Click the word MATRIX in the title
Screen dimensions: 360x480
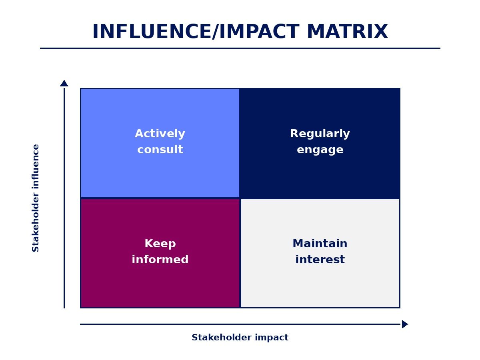[x=347, y=32]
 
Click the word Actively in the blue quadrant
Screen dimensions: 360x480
[x=160, y=134]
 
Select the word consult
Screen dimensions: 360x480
[x=160, y=150]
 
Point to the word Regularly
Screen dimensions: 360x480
[x=320, y=134]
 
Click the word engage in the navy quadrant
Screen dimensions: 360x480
[x=320, y=150]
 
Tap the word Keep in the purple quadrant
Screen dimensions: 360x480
[x=160, y=244]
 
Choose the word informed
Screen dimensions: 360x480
[x=160, y=260]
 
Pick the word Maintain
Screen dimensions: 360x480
[x=320, y=244]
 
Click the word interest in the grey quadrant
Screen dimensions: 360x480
[x=320, y=260]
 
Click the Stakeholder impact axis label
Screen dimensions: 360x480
[x=240, y=338]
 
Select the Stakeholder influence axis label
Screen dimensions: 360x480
[x=36, y=198]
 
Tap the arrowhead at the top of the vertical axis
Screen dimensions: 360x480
[x=64, y=84]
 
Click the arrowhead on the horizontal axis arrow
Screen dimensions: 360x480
[x=404, y=324]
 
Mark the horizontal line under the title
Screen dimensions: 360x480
[x=240, y=48]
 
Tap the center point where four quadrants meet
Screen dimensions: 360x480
[x=240, y=198]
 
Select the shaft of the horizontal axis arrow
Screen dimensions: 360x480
[x=240, y=324]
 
